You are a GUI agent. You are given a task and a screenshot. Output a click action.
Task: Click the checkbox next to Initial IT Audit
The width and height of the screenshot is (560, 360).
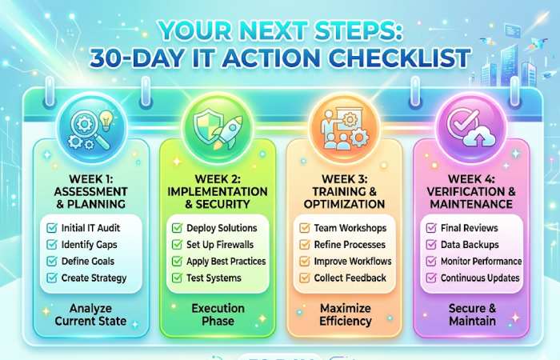pos(52,228)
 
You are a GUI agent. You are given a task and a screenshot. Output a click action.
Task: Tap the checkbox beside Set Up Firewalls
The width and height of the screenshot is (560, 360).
pos(178,245)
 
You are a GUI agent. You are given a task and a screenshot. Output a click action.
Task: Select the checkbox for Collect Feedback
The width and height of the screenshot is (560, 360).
pos(305,278)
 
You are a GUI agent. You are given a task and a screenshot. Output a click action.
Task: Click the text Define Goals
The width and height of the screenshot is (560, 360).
pos(88,262)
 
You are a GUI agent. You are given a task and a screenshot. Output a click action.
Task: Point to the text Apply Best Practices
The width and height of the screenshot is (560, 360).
pos(226,262)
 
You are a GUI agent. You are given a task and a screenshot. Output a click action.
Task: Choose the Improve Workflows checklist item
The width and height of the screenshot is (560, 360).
pos(353,262)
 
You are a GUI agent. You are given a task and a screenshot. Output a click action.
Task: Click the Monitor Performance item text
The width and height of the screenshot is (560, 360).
pos(481,262)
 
